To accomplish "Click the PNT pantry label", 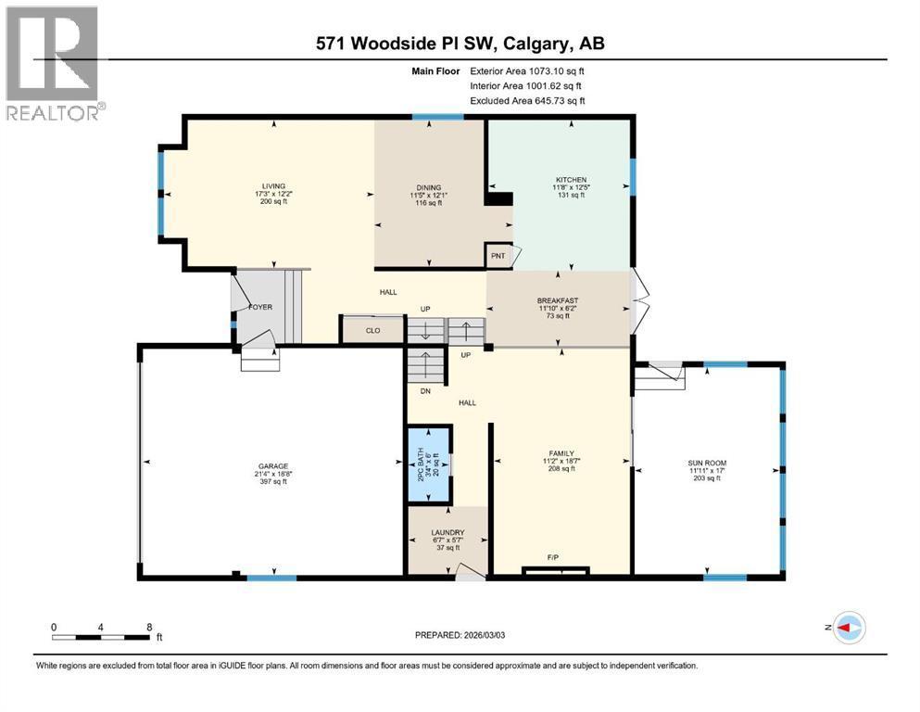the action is point(498,256).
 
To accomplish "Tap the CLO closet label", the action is point(373,330).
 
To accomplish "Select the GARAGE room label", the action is point(272,466).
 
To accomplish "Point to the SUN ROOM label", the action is point(707,463).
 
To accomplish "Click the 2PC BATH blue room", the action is point(429,464).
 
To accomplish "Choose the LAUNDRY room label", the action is point(447,532).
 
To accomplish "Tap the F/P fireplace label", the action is point(553,557).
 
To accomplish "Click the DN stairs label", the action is point(425,391).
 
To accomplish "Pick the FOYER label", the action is point(260,307).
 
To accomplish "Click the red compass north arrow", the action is point(844,628).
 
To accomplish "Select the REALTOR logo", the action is point(55,63).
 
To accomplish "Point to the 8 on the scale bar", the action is point(149,627).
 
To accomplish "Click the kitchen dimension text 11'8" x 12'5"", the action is point(571,187).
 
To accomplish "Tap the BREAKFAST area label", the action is point(558,300).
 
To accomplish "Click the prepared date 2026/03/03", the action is point(484,635).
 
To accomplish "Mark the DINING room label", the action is point(429,188).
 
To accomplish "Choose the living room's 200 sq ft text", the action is point(273,201).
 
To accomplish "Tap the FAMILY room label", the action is point(561,453).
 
